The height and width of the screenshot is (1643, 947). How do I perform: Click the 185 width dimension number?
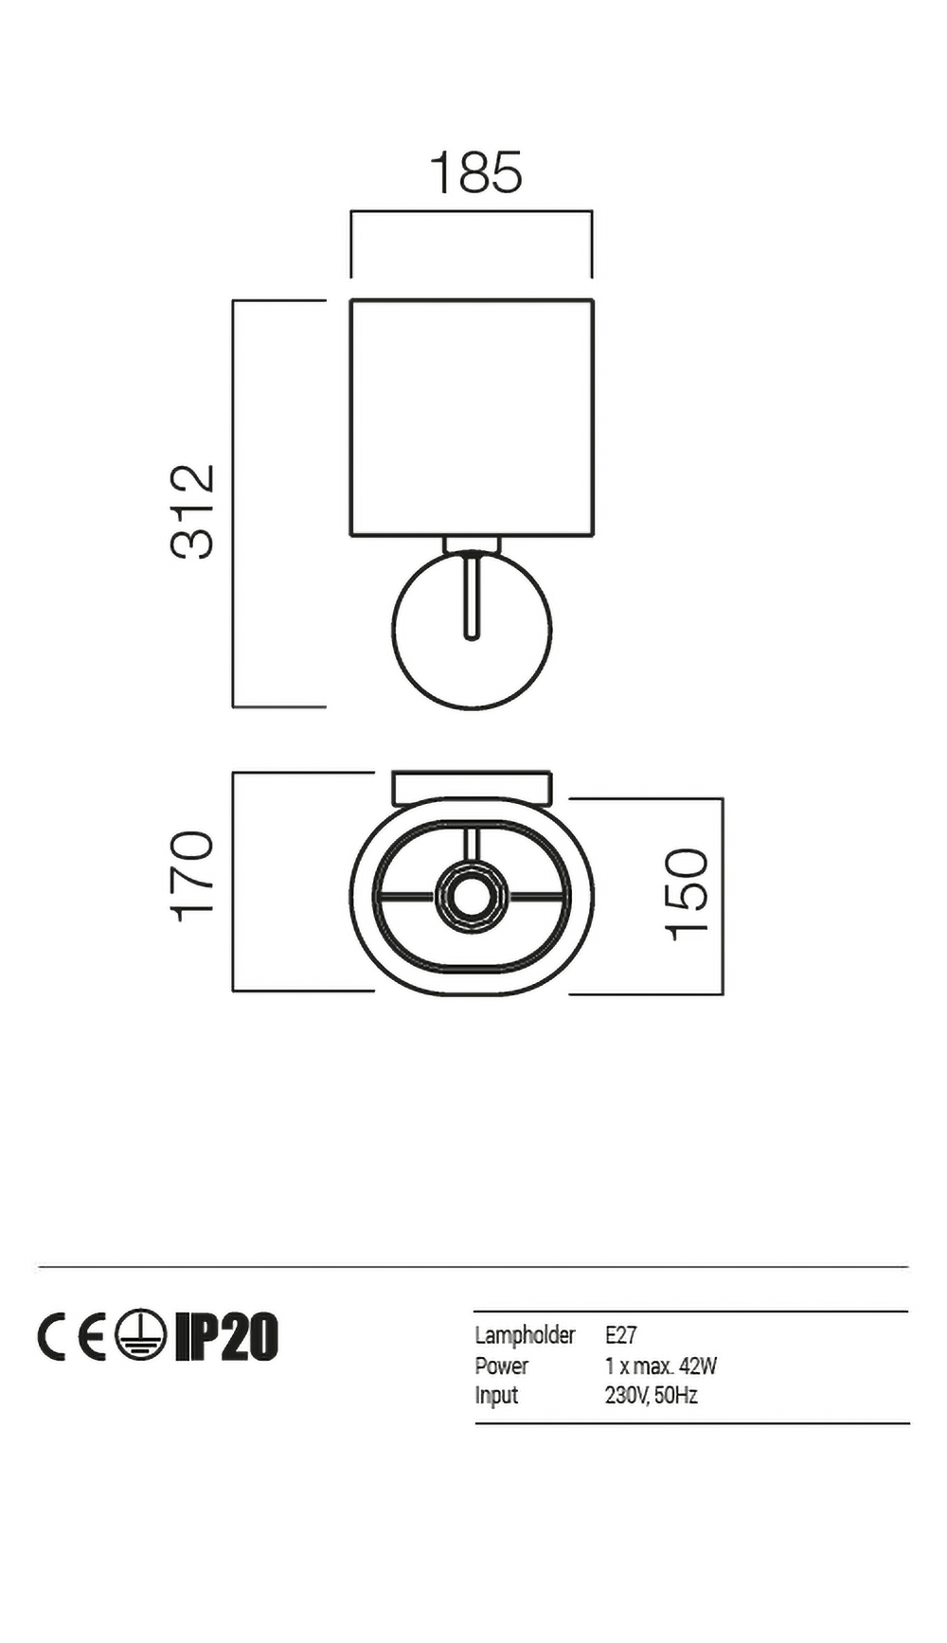coord(475,172)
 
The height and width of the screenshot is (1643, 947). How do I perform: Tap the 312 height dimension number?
coord(192,511)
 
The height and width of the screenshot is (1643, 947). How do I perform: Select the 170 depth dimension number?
coord(192,876)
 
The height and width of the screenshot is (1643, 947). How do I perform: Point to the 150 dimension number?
coord(687,895)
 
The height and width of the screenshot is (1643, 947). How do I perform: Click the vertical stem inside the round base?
coord(471,597)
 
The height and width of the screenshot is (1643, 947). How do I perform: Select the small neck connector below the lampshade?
coord(472,545)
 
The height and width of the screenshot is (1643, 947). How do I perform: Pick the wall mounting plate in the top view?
coord(472,788)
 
